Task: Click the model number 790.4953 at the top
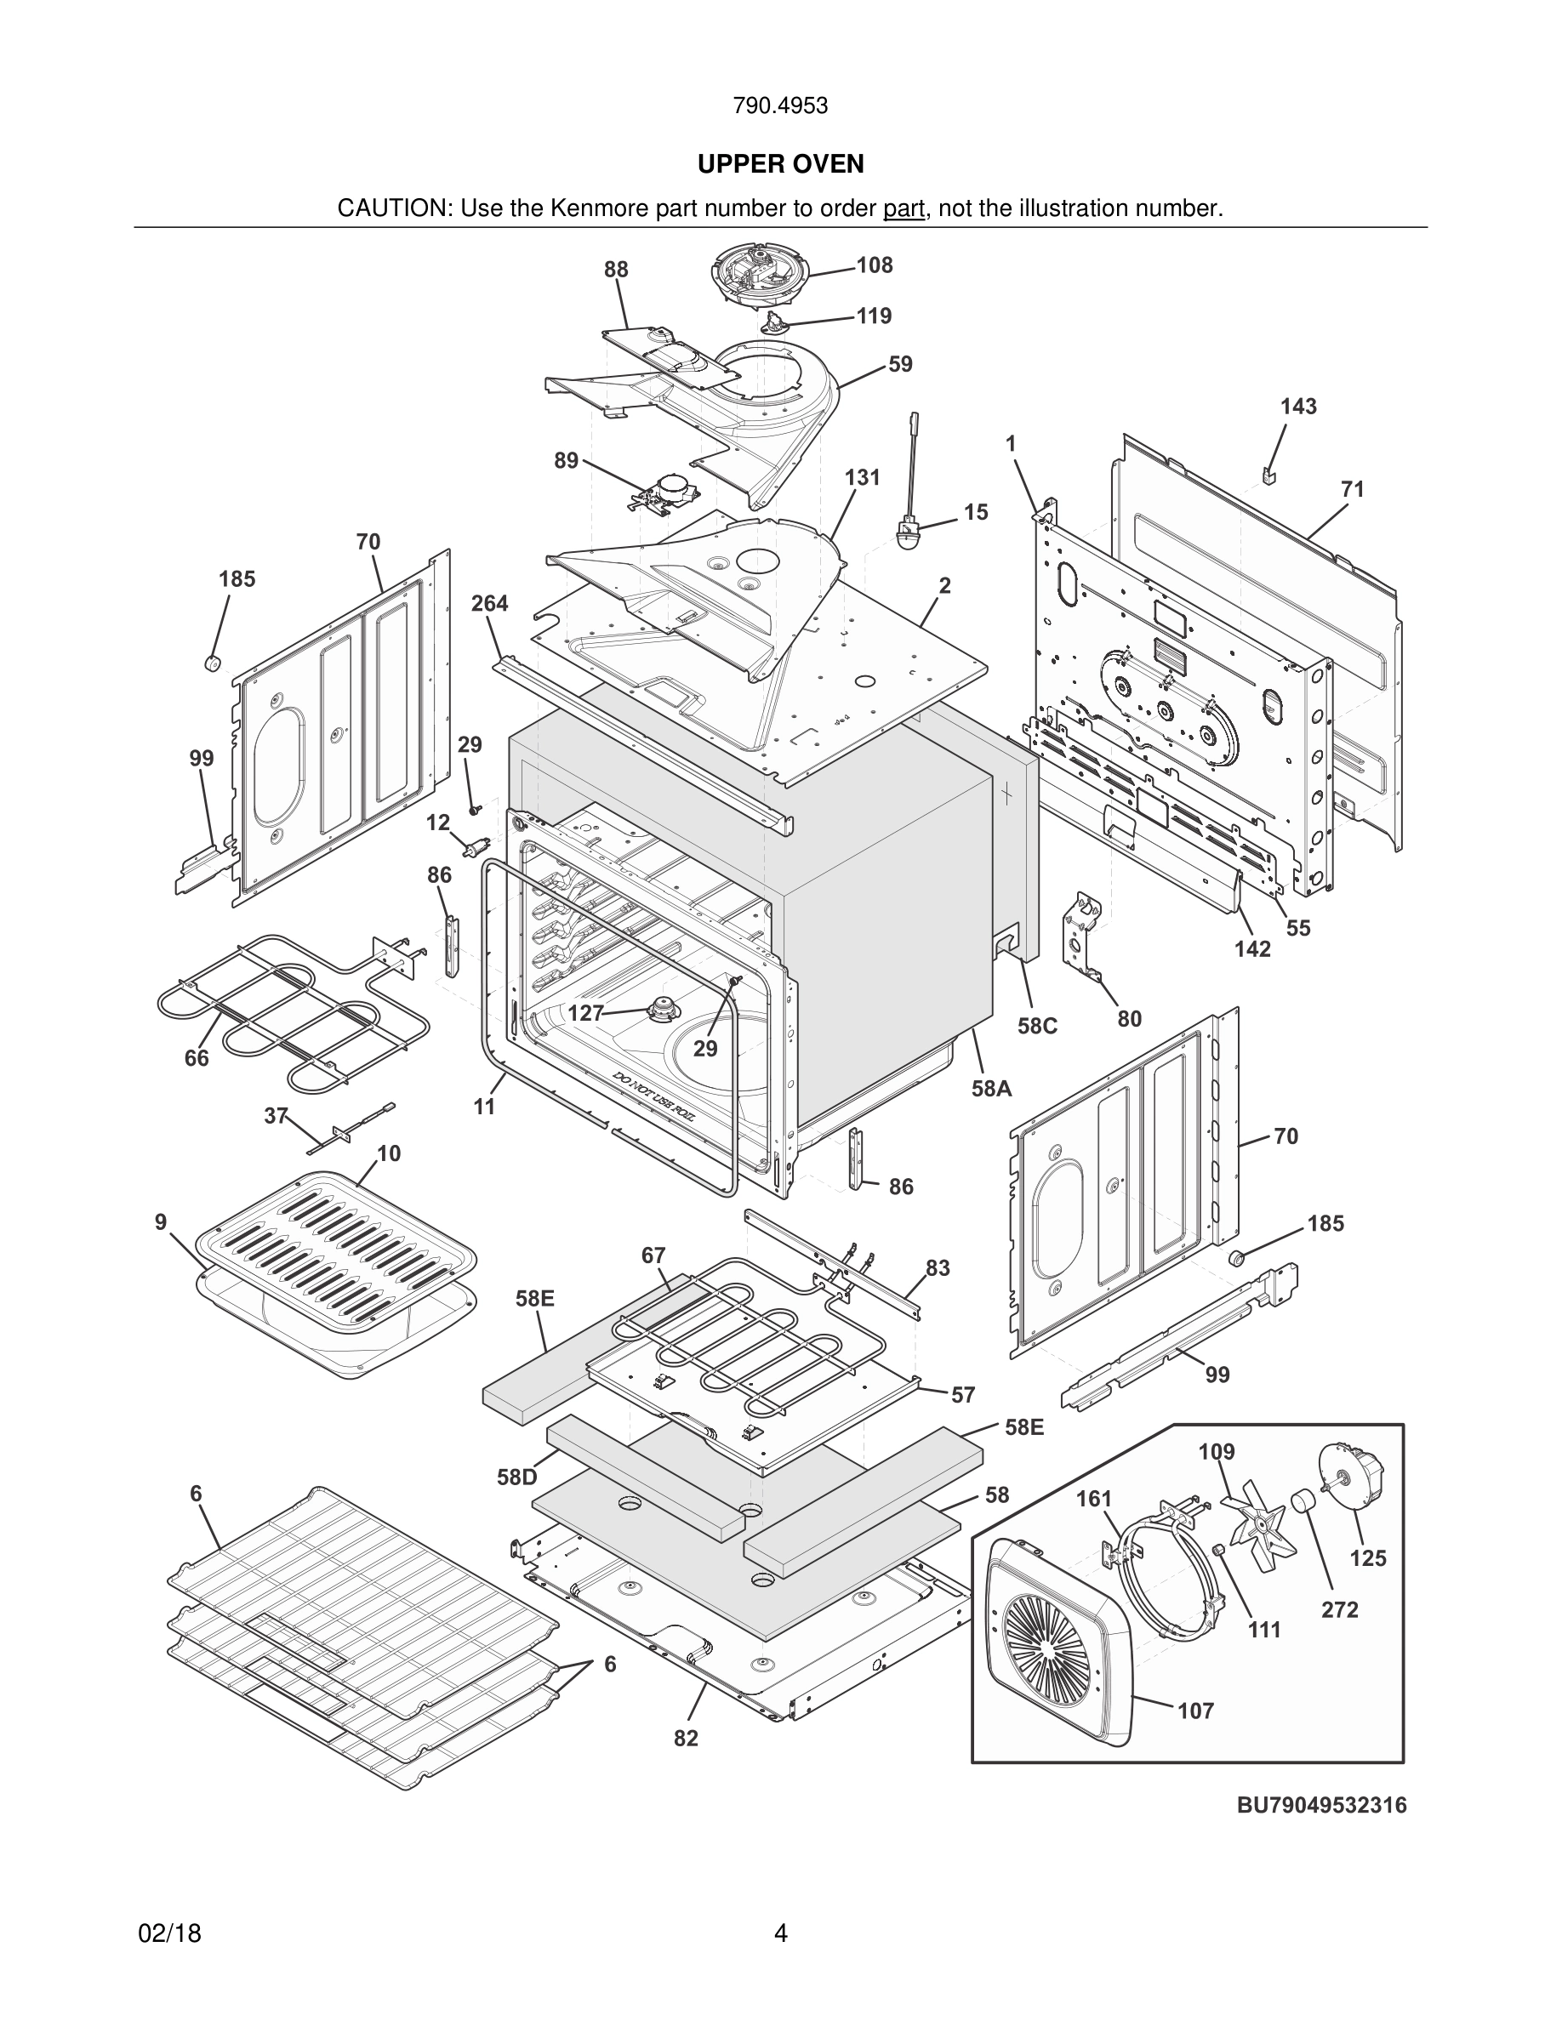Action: click(780, 106)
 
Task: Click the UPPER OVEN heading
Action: click(780, 164)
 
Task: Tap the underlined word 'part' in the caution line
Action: click(904, 209)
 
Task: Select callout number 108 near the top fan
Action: click(874, 265)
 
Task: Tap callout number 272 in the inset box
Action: click(1339, 1609)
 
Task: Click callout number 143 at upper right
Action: click(1298, 407)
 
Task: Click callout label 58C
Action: click(1037, 1026)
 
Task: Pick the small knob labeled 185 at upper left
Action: click(213, 663)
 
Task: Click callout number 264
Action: click(488, 603)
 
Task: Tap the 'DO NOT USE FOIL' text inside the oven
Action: click(658, 1097)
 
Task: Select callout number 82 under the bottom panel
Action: click(686, 1739)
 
